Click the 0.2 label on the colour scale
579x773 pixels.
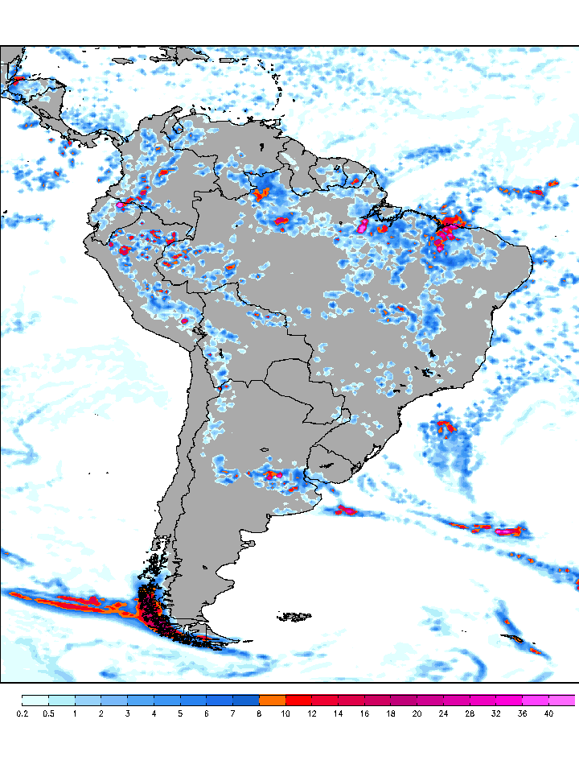(x=22, y=713)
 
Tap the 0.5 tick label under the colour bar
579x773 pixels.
(x=48, y=713)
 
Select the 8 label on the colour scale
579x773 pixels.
(x=259, y=713)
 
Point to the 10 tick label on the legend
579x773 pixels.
(x=285, y=713)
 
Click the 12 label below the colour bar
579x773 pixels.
(x=312, y=713)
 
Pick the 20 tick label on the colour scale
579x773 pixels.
(x=417, y=713)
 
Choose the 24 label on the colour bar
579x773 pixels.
(x=444, y=713)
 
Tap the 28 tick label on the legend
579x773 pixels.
(x=470, y=713)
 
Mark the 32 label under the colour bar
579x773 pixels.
(x=496, y=713)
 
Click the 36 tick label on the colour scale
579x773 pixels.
(x=523, y=713)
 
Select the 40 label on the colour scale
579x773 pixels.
(x=548, y=713)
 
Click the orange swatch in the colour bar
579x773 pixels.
(x=273, y=700)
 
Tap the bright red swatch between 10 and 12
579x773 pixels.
(x=299, y=700)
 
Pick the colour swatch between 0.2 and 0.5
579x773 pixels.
(x=35, y=700)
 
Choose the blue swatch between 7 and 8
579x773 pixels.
(x=246, y=700)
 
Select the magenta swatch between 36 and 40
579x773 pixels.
(x=536, y=700)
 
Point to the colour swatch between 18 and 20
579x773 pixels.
(x=404, y=700)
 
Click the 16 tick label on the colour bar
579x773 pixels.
(x=364, y=713)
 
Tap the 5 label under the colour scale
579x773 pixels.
(x=180, y=713)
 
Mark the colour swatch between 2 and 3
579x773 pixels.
(x=114, y=700)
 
